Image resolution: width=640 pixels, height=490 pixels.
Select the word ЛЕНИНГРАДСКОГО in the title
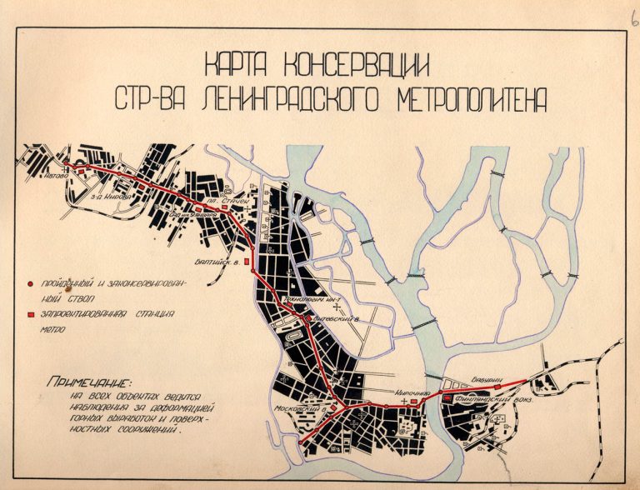pyautogui.click(x=278, y=99)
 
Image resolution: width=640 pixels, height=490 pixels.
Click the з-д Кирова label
pyautogui.click(x=111, y=197)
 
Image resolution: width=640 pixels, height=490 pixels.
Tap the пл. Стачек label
pyautogui.click(x=223, y=201)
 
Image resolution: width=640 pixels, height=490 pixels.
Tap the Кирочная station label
pyautogui.click(x=411, y=392)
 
